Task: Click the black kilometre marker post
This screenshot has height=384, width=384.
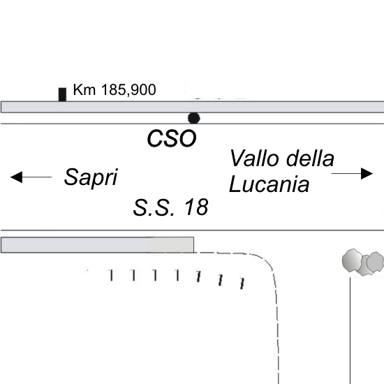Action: (x=62, y=94)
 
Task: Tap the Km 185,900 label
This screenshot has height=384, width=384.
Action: (x=115, y=89)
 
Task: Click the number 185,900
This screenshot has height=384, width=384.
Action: (x=128, y=89)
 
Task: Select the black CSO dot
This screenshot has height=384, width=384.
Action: (x=193, y=118)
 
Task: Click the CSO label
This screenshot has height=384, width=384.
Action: (x=172, y=138)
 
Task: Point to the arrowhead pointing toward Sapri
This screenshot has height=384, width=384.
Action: (x=17, y=177)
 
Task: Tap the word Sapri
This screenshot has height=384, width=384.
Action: (x=91, y=177)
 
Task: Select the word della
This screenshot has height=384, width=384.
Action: (x=310, y=158)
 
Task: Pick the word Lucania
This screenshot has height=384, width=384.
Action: (x=269, y=184)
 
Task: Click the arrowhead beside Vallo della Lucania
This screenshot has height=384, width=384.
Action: (x=367, y=173)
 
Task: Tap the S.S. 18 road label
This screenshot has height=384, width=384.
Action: (x=170, y=207)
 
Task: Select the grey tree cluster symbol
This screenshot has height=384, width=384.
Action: (x=363, y=262)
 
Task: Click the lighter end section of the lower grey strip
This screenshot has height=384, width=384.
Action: (x=172, y=244)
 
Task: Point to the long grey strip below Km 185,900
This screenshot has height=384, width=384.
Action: (x=192, y=107)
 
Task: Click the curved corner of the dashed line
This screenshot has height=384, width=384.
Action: (x=265, y=261)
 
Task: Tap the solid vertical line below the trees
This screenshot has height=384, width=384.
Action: (x=350, y=331)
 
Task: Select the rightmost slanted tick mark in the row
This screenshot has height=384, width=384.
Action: (x=242, y=283)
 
